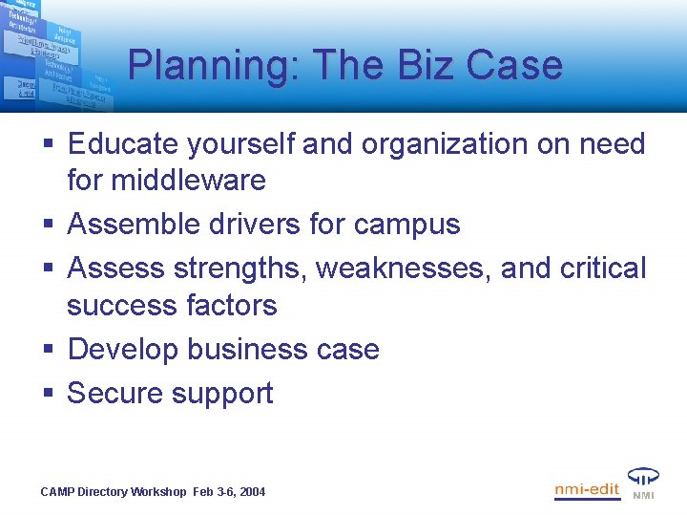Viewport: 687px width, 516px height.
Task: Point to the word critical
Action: [603, 269]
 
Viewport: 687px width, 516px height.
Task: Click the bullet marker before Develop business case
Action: [47, 350]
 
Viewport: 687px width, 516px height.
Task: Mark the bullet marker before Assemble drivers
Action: [47, 225]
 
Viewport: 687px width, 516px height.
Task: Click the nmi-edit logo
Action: [587, 490]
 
